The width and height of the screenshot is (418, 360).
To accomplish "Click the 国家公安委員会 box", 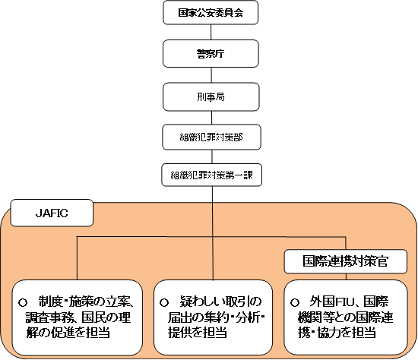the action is coord(211,12).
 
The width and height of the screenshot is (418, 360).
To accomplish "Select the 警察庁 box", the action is coord(211,54).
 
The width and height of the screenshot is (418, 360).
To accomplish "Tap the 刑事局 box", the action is coord(211,96).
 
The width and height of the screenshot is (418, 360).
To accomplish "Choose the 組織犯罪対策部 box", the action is coord(211,137).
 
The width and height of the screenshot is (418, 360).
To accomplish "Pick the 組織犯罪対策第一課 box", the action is coord(212,175).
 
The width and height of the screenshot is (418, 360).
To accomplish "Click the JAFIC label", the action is coord(52,213).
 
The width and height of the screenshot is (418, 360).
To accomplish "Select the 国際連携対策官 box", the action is coord(346,261).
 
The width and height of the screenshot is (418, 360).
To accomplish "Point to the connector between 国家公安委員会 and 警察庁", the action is coord(211,32).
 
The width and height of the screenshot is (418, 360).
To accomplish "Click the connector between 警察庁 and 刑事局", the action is coord(211,75).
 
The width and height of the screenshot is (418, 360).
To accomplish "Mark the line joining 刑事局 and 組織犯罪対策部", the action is coord(212,118).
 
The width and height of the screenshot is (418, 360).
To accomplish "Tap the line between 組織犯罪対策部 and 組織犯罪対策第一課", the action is coord(212,156).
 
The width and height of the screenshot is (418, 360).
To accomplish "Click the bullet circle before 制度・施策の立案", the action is coord(23,302).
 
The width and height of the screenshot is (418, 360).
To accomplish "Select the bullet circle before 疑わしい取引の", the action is coord(164,302).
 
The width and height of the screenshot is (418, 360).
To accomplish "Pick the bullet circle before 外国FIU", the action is coord(295,302).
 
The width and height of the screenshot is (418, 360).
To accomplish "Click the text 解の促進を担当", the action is coord(68,333).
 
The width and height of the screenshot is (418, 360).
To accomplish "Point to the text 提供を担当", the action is coord(198,333).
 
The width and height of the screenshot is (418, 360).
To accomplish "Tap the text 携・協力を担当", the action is coord(337,333).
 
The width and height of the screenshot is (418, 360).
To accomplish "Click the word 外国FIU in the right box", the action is coord(332,302).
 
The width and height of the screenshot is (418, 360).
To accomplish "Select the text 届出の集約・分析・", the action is coord(216,317).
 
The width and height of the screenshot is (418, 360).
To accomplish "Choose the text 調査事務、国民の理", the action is coord(78,317).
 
